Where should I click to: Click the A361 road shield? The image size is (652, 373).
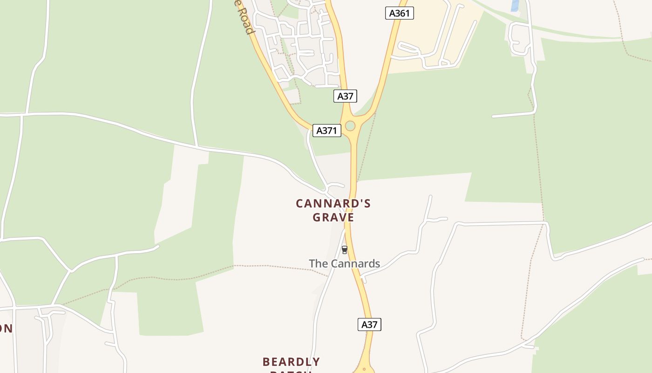pyautogui.click(x=400, y=13)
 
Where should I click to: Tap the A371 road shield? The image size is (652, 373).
pyautogui.click(x=326, y=131)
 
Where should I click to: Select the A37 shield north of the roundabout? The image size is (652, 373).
pyautogui.click(x=345, y=96)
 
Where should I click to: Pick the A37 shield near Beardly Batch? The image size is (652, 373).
pyautogui.click(x=369, y=325)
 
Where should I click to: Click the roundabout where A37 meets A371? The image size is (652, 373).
pyautogui.click(x=350, y=126)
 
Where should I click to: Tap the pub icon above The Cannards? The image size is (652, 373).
pyautogui.click(x=345, y=250)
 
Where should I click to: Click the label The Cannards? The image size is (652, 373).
pyautogui.click(x=345, y=263)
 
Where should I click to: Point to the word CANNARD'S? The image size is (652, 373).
pyautogui.click(x=333, y=204)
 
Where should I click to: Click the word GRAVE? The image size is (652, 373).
pyautogui.click(x=333, y=218)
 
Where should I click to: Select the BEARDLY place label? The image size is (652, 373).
pyautogui.click(x=291, y=362)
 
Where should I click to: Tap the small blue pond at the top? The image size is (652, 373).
pyautogui.click(x=515, y=5)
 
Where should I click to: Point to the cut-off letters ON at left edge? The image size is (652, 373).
pyautogui.click(x=6, y=329)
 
